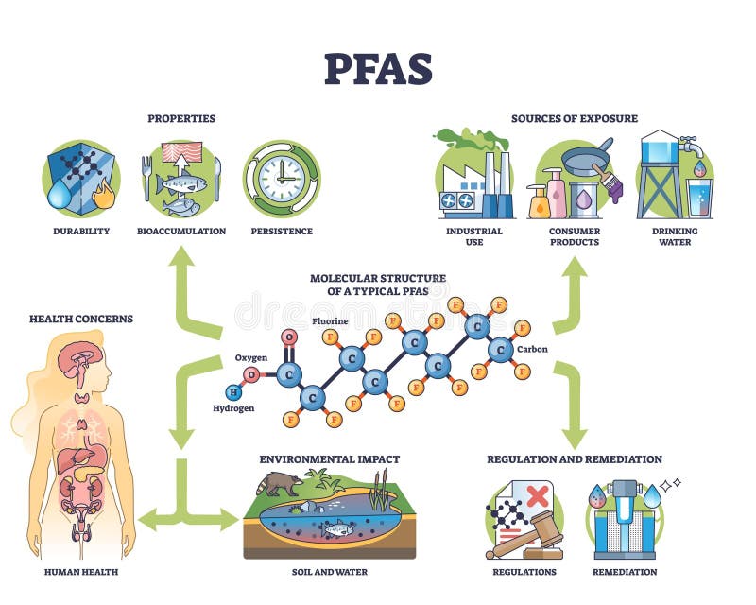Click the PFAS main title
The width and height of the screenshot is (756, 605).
click(378, 68)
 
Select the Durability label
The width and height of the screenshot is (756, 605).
click(81, 231)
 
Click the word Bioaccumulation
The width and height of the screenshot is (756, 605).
click(181, 231)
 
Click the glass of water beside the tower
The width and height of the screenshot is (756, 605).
click(699, 199)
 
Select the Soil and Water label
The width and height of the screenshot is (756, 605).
click(329, 572)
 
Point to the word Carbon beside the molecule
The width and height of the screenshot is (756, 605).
click(531, 349)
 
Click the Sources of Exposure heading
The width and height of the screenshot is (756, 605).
click(574, 118)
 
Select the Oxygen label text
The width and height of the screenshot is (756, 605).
click(250, 358)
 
